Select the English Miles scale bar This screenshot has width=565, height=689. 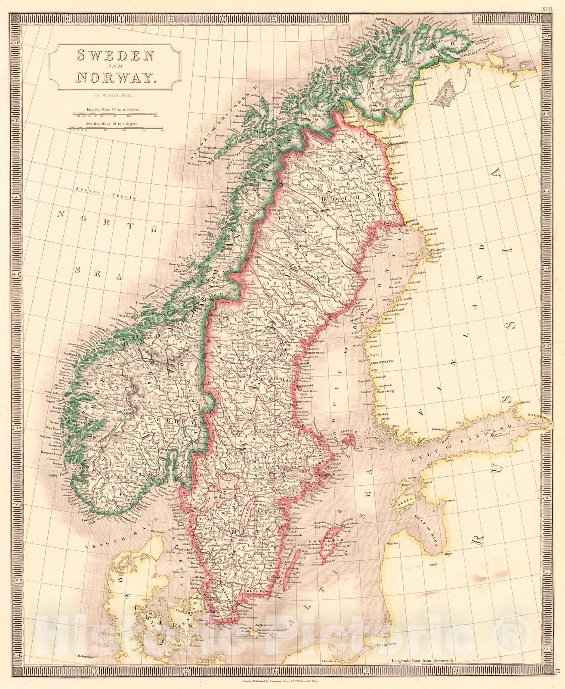115,114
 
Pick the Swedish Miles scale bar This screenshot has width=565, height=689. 115,127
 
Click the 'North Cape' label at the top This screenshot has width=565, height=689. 384,20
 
